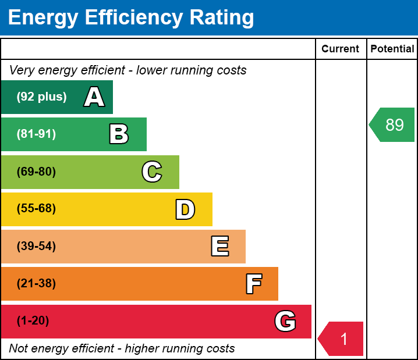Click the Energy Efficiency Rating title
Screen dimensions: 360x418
[x=130, y=17]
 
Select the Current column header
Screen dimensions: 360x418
[x=340, y=49]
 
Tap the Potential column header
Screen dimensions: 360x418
[x=392, y=49]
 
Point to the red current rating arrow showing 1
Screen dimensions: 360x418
[x=342, y=338]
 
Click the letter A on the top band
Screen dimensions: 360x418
[x=94, y=97]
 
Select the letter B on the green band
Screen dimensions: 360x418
[x=119, y=134]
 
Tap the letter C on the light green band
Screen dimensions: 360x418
[x=151, y=172]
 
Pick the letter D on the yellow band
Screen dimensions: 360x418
[x=185, y=209]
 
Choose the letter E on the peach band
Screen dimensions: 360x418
[x=219, y=247]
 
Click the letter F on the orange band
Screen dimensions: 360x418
[x=253, y=284]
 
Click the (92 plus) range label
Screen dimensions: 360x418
[x=41, y=97]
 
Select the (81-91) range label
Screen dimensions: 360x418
[x=36, y=134]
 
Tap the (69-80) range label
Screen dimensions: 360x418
[x=36, y=172]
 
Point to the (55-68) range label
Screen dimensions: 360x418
[x=36, y=209]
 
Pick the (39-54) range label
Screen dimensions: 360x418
[x=36, y=247]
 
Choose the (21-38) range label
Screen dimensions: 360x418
[x=36, y=284]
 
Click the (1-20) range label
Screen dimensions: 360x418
[x=33, y=321]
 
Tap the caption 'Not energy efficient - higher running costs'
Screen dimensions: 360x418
[x=122, y=348]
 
